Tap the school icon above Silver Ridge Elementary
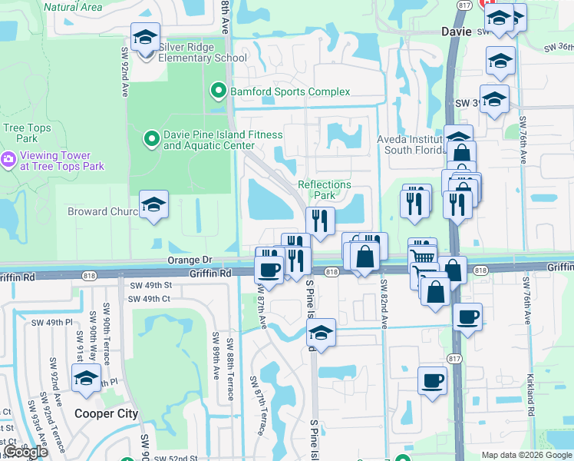pos(143,36)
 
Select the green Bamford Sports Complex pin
pos(218,92)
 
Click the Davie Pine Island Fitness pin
pos(151,139)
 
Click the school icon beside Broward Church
pos(153,205)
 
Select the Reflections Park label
pos(325,190)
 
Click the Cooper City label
pos(107,413)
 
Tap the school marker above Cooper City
pos(86,377)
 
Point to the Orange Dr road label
pos(189,261)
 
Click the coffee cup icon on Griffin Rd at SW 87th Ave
pos(269,269)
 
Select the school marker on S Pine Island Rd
pos(322,333)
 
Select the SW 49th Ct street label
pos(149,299)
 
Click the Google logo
pos(25,452)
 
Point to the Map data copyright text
pos(526,455)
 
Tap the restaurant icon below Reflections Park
pos(320,221)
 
